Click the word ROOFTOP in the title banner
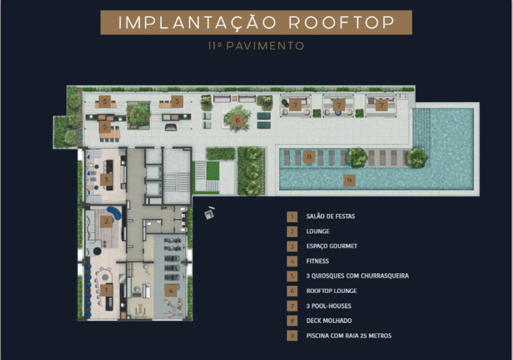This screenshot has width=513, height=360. pos(342,23)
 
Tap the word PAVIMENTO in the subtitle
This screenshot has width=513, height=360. pos(266,46)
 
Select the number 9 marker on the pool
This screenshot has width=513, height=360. pos(349,180)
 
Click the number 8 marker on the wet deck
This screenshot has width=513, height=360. pos(309,157)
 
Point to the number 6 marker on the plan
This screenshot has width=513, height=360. pos(237,120)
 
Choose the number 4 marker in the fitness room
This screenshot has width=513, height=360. pos(171,291)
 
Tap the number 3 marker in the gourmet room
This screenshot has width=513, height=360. pos(106,180)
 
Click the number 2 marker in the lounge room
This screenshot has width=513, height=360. pos(106,222)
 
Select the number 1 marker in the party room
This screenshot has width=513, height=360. pos(106,290)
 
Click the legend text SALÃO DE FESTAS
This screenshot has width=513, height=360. pos(331,216)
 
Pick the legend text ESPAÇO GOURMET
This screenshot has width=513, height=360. pos(332,246)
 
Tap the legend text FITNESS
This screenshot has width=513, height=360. pos(318,261)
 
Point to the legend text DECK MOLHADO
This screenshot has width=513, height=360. pos(329,321)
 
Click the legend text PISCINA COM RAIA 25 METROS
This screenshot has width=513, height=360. pos(349,336)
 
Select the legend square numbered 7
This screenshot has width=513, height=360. pos(292,306)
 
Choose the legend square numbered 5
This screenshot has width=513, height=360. pos(292,276)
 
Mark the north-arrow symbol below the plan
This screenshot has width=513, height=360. pos(209,213)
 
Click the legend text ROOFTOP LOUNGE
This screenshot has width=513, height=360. pos(332,291)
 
